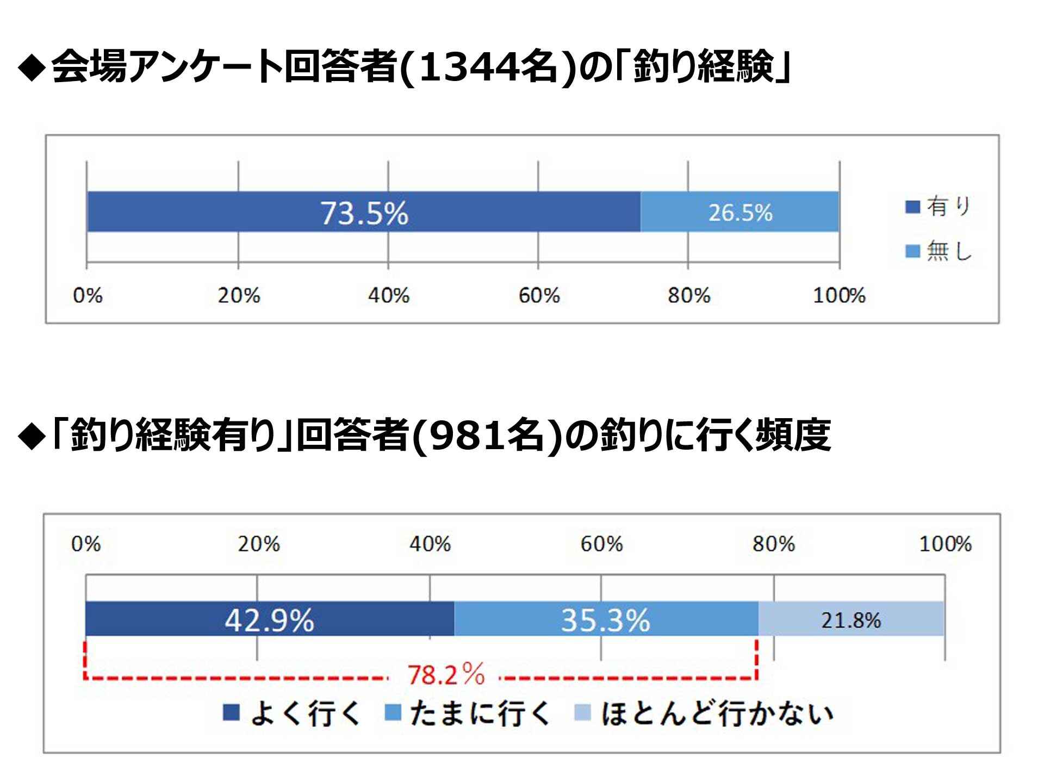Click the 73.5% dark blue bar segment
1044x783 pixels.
[363, 212]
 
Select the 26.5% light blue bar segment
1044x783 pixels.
[739, 212]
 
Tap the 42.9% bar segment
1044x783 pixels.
[270, 619]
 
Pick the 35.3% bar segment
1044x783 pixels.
[606, 619]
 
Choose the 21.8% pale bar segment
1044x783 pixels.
[851, 619]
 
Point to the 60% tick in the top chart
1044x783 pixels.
[539, 296]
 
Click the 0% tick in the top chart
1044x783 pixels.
[88, 296]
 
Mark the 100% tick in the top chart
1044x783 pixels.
[839, 296]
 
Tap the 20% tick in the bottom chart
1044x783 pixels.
[258, 544]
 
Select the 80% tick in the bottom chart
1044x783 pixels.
[773, 544]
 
